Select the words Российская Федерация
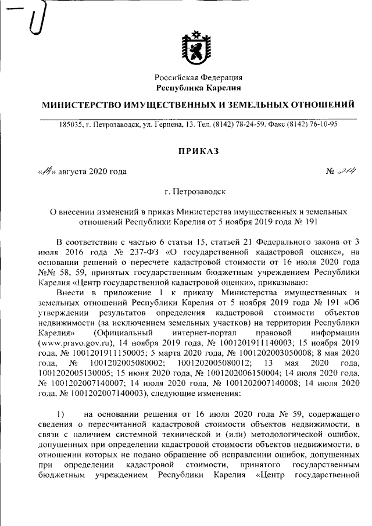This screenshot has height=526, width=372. (x=198, y=77)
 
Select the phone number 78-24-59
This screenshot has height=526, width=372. (x=249, y=124)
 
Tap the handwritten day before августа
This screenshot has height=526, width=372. (x=45, y=171)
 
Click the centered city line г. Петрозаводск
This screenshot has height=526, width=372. (x=198, y=191)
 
